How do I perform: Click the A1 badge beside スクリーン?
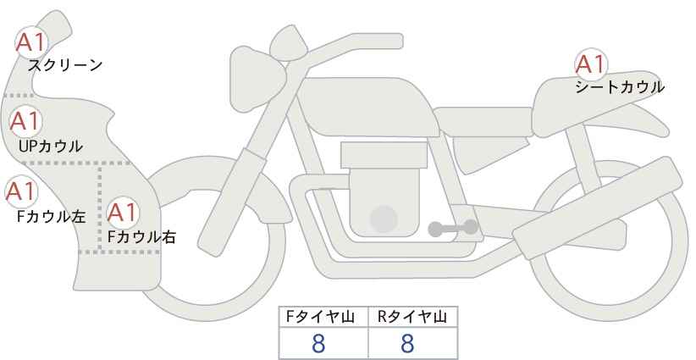coord(32,41)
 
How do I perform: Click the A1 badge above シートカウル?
coord(589,64)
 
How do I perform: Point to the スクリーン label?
coord(66,65)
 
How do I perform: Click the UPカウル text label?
coord(50,147)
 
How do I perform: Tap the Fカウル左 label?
coord(52,216)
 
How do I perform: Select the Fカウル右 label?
coord(141,238)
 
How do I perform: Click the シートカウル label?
coord(619,87)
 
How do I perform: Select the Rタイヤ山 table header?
coord(412,317)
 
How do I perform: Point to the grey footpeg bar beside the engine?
coord(452,228)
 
